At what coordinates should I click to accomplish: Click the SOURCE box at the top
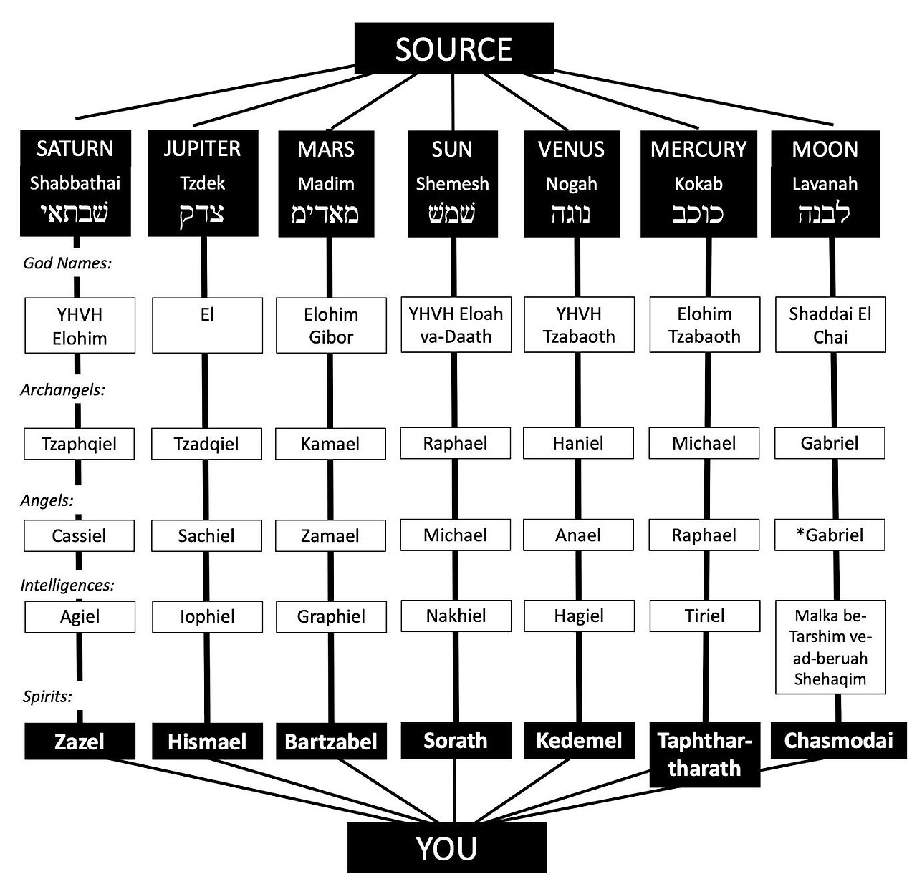(454, 49)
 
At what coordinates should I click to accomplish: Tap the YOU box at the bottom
(447, 847)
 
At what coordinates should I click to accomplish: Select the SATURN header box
(75, 183)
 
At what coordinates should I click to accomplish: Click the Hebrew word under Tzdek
(202, 214)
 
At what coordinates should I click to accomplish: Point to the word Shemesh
(452, 184)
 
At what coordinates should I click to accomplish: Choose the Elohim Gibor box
(331, 326)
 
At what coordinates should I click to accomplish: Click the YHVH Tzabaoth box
(579, 326)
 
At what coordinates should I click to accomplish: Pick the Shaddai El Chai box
(830, 326)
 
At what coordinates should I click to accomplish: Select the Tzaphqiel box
(79, 444)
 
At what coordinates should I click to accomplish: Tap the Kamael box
(330, 444)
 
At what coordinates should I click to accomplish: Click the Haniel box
(578, 443)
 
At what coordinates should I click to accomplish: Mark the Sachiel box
(206, 535)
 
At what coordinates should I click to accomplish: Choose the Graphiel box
(331, 616)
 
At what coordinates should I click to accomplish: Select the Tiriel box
(704, 616)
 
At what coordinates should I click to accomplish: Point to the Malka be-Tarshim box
(830, 647)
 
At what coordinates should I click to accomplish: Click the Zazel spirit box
(80, 741)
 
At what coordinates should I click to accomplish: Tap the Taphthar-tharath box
(704, 754)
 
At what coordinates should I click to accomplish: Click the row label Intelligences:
(67, 585)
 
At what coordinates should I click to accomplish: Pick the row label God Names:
(67, 263)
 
